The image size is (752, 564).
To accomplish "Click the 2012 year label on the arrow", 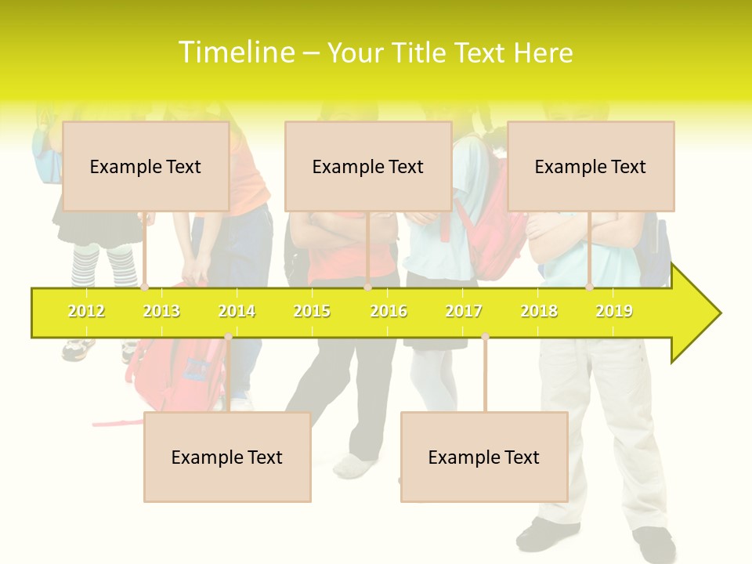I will tap(86, 311).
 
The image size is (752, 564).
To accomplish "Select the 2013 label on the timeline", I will tap(161, 311).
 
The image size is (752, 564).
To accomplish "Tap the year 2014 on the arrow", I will tap(237, 311).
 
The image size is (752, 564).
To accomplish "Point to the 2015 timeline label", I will tap(312, 311).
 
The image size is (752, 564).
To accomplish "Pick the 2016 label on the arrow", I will tap(389, 311).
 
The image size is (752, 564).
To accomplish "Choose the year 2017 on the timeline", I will tap(464, 311).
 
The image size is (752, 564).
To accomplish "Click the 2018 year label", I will tap(539, 311).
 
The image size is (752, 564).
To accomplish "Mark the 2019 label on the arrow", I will tap(614, 311).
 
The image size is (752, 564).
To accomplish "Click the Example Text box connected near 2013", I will tap(146, 166).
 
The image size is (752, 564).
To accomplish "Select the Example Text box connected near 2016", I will tap(368, 166).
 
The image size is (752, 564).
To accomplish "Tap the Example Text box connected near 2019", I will tap(591, 166).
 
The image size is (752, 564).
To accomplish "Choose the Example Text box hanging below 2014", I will tap(227, 457).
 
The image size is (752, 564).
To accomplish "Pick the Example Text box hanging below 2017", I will tap(484, 457).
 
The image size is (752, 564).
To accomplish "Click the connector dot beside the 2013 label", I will tap(144, 287).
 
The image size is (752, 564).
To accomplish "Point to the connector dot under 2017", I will tap(485, 336).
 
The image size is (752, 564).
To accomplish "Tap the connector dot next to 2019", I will tap(589, 287).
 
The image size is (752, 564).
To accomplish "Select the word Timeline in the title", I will tap(237, 52).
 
